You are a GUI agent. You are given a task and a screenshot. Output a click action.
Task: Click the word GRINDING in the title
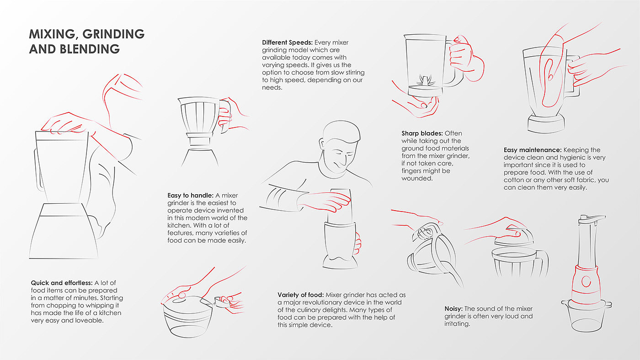[113, 34]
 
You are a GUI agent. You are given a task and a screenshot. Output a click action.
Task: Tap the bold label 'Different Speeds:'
[287, 42]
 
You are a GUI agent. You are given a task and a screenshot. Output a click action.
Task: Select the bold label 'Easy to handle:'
[190, 196]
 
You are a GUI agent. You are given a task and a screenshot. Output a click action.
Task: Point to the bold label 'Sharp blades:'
[422, 133]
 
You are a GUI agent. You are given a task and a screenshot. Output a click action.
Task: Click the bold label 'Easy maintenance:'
[533, 150]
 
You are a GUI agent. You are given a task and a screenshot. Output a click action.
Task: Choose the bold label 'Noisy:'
[453, 309]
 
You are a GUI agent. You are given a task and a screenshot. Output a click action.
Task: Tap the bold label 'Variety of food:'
[301, 295]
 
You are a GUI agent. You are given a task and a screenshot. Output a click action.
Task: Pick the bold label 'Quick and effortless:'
[62, 283]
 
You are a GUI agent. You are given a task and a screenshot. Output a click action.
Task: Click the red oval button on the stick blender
[586, 281]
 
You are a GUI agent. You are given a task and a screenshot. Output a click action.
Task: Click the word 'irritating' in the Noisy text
[457, 324]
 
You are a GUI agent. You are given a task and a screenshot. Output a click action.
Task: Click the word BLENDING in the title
[90, 49]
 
